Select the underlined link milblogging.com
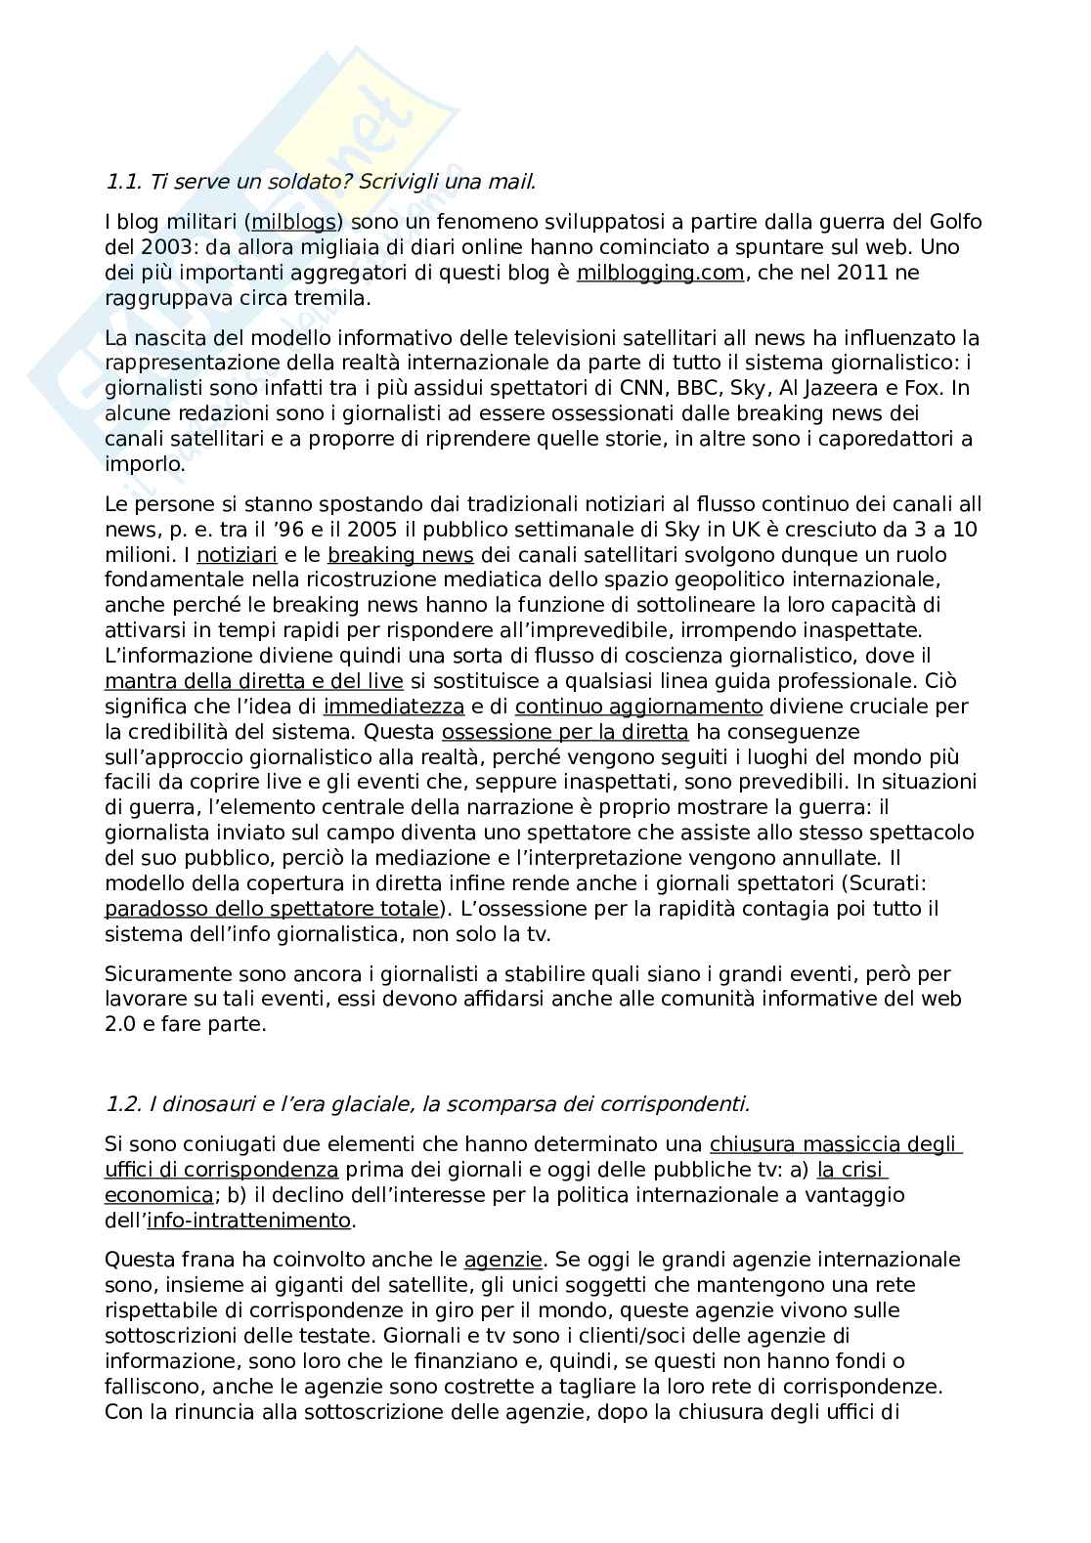tap(660, 273)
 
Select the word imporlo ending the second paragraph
tap(143, 464)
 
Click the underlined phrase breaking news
tap(401, 555)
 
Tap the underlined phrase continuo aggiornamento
tap(638, 706)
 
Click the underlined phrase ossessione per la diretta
tap(565, 731)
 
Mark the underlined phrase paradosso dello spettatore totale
tap(272, 909)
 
